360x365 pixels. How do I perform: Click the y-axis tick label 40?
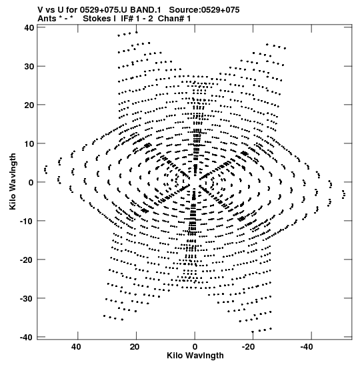pyautogui.click(x=29, y=28)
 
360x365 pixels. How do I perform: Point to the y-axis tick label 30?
pyautogui.click(x=29, y=66)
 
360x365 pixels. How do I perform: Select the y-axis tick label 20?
pyautogui.click(x=29, y=105)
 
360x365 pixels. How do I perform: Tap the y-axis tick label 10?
pyautogui.click(x=29, y=143)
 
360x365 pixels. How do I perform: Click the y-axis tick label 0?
pyautogui.click(x=31, y=182)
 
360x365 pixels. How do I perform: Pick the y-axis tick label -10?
pyautogui.click(x=27, y=221)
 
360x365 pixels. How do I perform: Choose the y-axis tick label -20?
pyautogui.click(x=27, y=260)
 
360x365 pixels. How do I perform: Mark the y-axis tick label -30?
pyautogui.click(x=27, y=298)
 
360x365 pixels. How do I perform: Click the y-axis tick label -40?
pyautogui.click(x=27, y=337)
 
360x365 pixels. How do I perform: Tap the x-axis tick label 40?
pyautogui.click(x=76, y=347)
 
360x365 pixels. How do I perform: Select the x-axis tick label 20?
pyautogui.click(x=135, y=347)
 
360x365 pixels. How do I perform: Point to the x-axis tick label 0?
pyautogui.click(x=195, y=347)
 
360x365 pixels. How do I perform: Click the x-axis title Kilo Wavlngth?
pyautogui.click(x=195, y=356)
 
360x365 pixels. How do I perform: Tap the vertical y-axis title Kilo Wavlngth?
pyautogui.click(x=13, y=181)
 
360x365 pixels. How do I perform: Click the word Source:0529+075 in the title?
pyautogui.click(x=204, y=10)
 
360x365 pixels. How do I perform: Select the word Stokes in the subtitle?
pyautogui.click(x=97, y=19)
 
